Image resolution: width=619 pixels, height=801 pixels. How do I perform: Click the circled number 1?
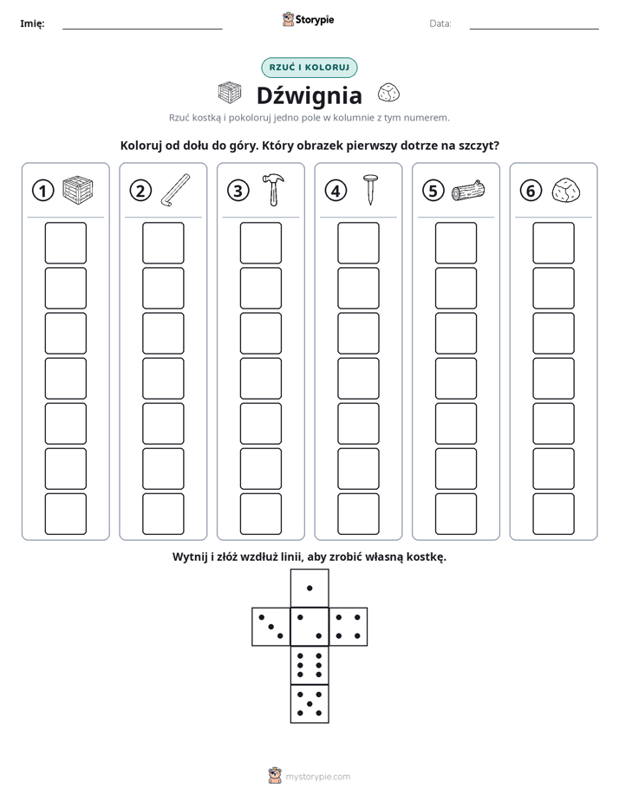[x=42, y=191]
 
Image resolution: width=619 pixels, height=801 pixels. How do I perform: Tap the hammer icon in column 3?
[x=273, y=189]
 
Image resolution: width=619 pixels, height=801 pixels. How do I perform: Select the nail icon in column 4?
[x=370, y=190]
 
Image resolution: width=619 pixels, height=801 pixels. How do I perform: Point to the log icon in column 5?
[x=468, y=190]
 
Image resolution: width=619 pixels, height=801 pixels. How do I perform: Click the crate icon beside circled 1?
[x=78, y=190]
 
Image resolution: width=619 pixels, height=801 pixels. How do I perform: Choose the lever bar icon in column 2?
[x=175, y=190]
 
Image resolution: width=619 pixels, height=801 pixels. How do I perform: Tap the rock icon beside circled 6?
[x=566, y=190]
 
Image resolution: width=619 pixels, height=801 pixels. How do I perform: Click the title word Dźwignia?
[x=309, y=95]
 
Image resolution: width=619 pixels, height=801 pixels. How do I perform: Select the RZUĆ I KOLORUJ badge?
[x=309, y=68]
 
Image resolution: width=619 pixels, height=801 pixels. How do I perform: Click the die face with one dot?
[x=309, y=589]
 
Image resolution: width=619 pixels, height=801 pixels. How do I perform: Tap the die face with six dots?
[x=309, y=665]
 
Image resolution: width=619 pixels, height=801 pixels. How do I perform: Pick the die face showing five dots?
[x=309, y=703]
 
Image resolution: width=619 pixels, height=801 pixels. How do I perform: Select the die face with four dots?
[x=349, y=627]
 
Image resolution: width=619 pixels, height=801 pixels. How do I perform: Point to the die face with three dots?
[x=271, y=627]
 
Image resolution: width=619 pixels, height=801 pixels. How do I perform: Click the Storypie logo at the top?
[x=308, y=19]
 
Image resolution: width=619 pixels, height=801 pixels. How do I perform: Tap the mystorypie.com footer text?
[x=317, y=777]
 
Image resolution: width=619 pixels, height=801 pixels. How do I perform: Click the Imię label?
[x=32, y=23]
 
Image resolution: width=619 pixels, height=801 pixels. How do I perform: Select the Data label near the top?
[x=440, y=23]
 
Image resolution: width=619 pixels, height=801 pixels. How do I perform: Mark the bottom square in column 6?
[x=554, y=514]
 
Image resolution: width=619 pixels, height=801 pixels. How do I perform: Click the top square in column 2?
[x=163, y=243]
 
